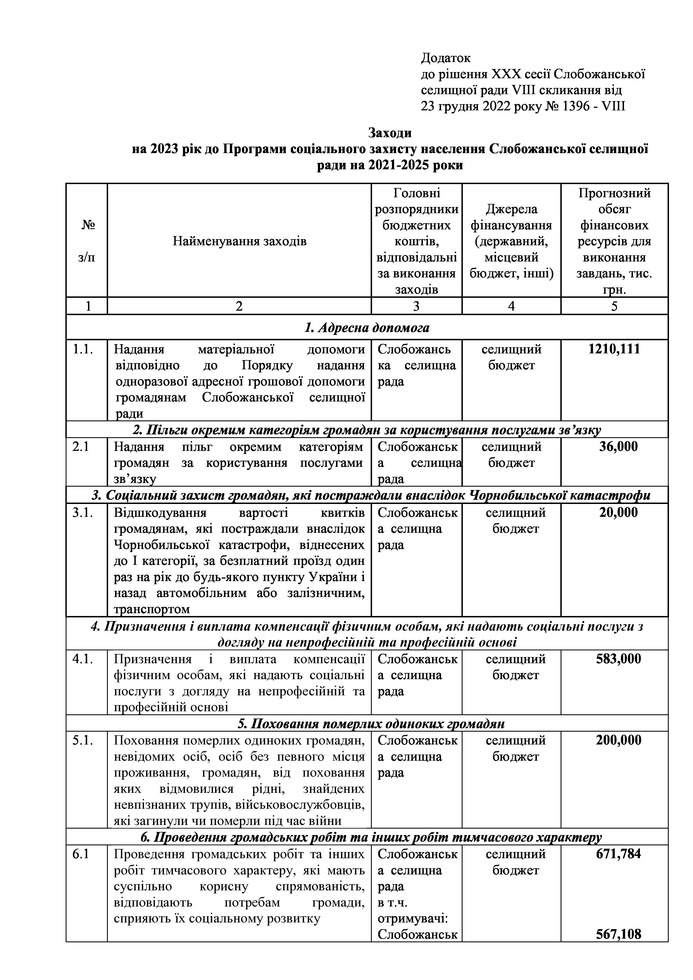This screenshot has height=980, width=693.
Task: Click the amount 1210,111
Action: coord(614,349)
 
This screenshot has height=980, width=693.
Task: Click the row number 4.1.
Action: coord(82,659)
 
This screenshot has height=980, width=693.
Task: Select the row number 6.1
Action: coord(81,854)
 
